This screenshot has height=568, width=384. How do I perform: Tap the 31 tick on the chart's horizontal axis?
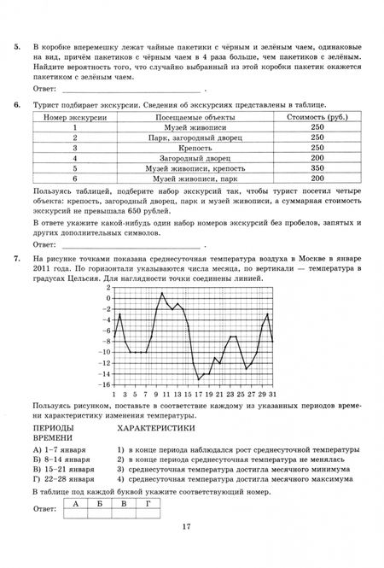tap(271, 395)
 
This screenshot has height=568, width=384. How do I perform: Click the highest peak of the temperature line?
tap(162, 294)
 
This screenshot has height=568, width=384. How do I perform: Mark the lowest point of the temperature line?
tap(198, 379)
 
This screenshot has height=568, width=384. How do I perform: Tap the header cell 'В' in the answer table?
tap(125, 505)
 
